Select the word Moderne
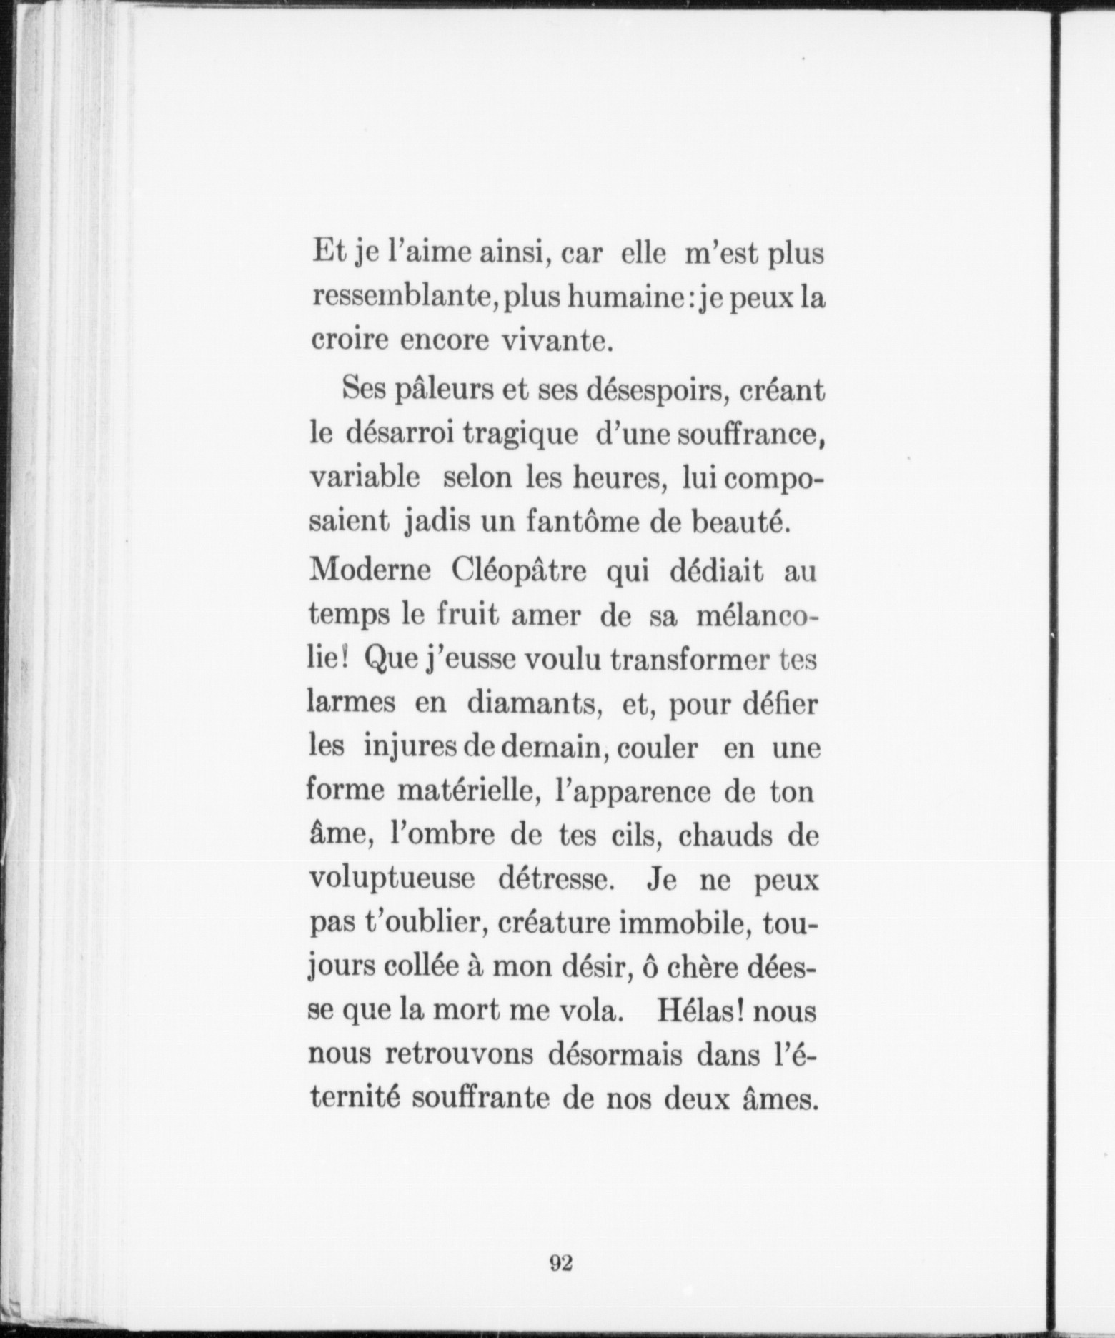point(369,573)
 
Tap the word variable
point(364,478)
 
